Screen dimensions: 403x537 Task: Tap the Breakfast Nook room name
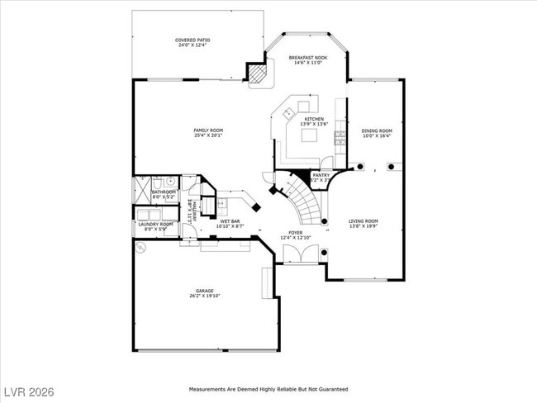[307, 58]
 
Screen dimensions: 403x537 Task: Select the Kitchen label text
[314, 120]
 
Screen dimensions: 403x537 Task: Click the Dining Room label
[377, 130]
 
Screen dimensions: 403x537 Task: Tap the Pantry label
[321, 175]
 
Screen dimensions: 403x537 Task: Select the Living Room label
[363, 220]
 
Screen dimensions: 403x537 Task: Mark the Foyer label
[295, 233]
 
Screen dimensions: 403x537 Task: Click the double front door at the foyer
[296, 254]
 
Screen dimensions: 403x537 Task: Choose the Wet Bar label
[230, 221]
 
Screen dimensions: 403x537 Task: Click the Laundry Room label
[155, 224]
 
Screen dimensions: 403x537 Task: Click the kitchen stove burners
[340, 139]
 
